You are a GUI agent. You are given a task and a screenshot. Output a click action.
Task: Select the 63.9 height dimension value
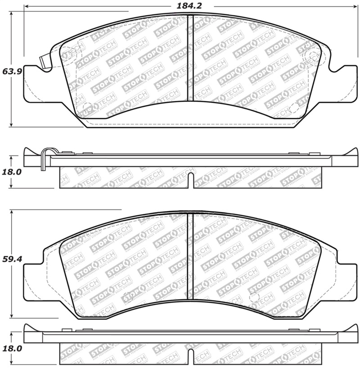[x=10, y=71]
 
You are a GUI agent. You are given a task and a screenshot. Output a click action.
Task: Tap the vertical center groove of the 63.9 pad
[x=189, y=59]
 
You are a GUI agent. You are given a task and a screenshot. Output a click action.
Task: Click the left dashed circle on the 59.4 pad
[x=128, y=296]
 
